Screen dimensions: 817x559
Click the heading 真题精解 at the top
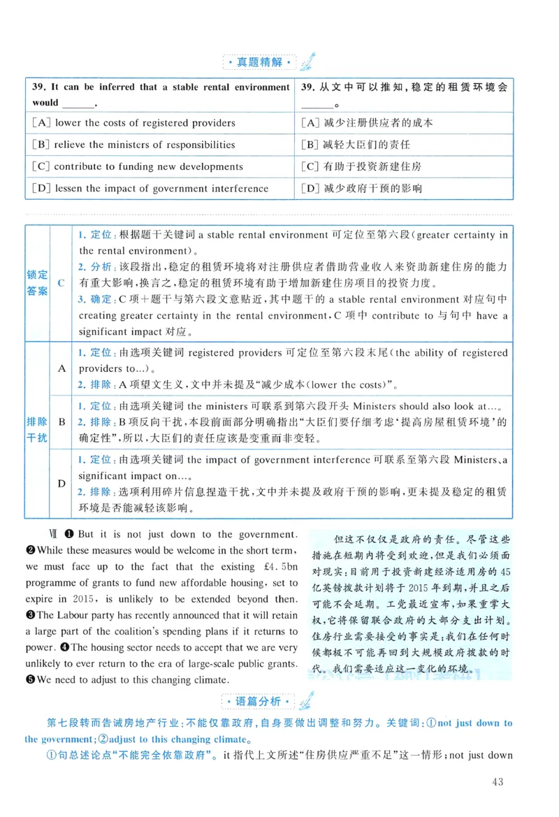[x=260, y=62]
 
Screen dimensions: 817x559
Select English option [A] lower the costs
[x=133, y=123]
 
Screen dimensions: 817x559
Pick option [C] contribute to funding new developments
[x=138, y=166]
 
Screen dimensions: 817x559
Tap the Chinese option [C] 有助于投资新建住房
[x=361, y=166]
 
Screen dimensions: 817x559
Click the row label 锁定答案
[x=38, y=282]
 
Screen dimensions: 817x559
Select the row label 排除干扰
[x=38, y=430]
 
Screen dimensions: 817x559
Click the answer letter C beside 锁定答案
[x=61, y=283]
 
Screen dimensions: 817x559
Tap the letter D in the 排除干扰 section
[x=61, y=484]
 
